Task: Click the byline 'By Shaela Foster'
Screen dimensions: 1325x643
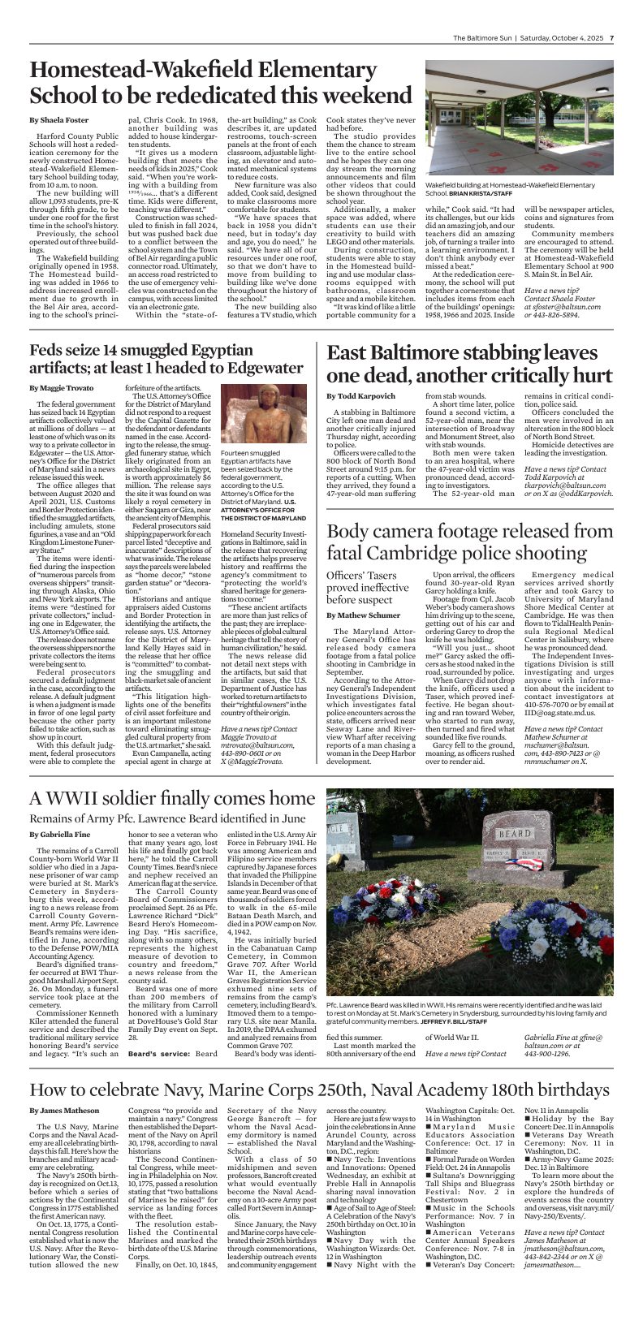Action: point(58,120)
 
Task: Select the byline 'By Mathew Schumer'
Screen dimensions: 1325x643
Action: point(364,616)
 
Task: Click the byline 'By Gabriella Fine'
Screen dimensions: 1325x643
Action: point(60,835)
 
